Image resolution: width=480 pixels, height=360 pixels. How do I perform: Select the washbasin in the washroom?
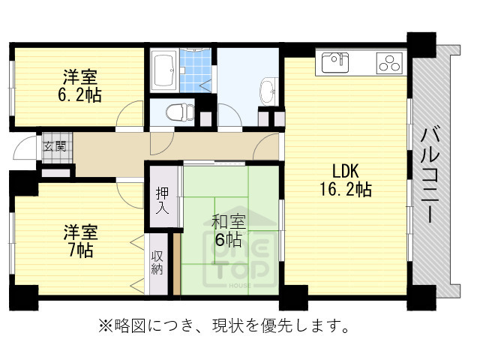pyautogui.click(x=267, y=93)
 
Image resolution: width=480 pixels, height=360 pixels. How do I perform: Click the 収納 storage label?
pyautogui.click(x=157, y=263)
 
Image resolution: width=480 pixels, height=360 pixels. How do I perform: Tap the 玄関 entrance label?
pyautogui.click(x=53, y=145)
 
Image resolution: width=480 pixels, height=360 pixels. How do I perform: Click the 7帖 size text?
pyautogui.click(x=77, y=251)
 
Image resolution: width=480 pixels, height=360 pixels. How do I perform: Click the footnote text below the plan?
pyautogui.click(x=225, y=326)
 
